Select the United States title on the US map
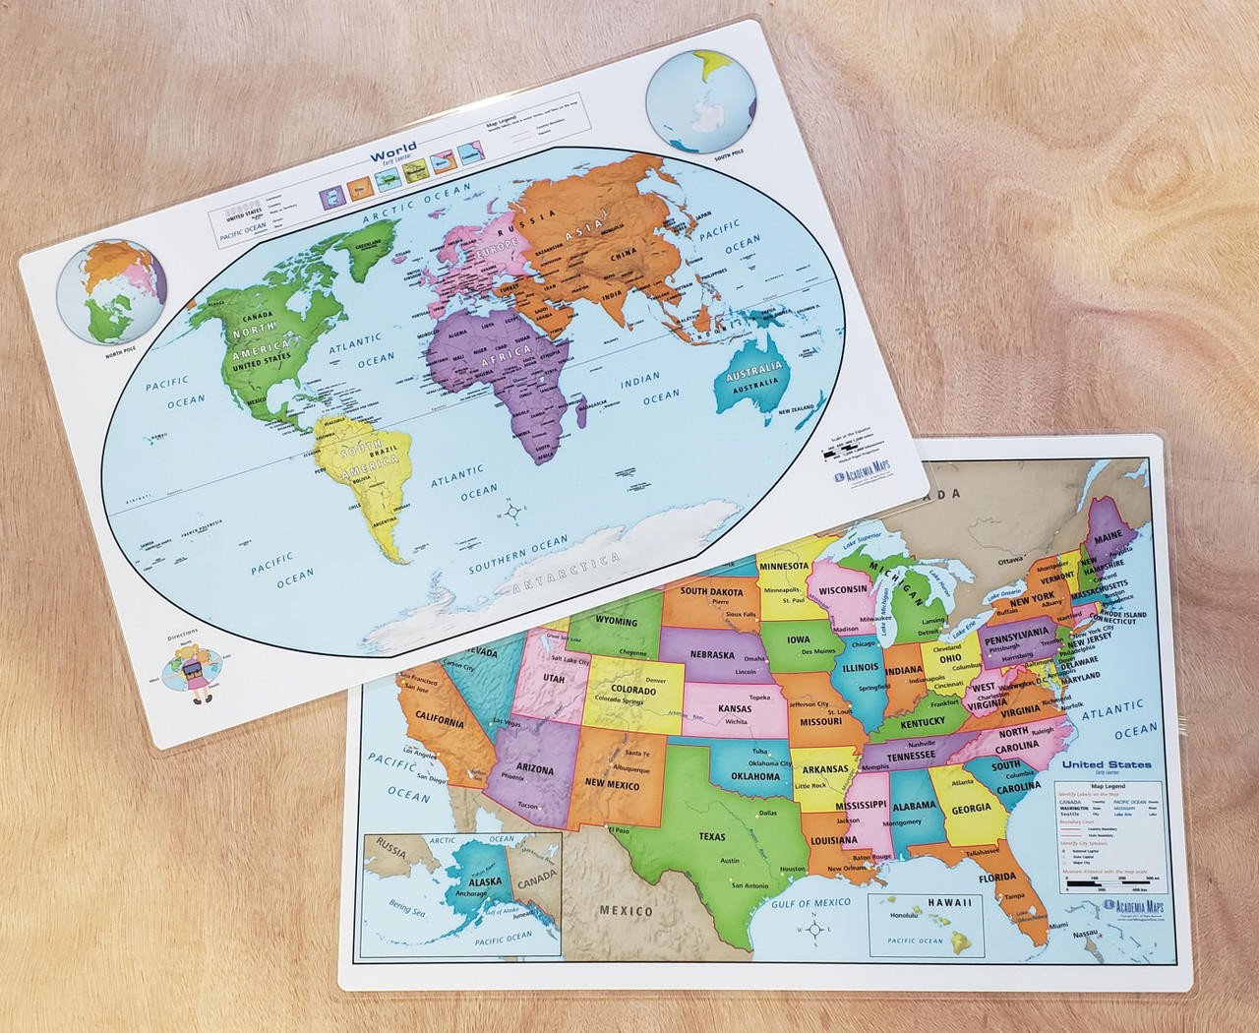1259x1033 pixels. (x=1107, y=763)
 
